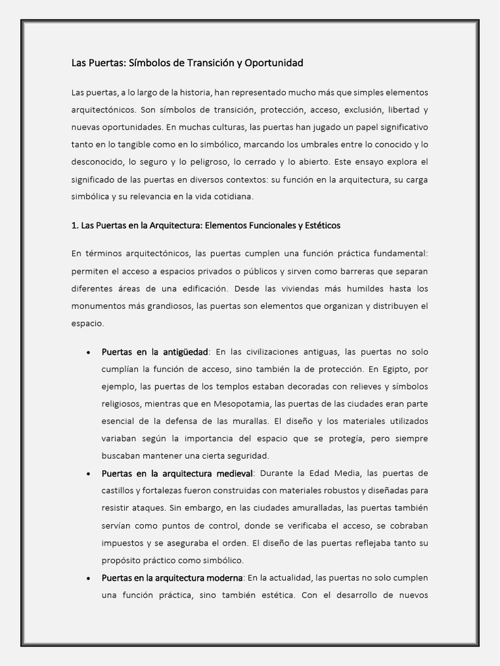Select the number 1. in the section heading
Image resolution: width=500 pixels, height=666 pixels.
tap(75, 226)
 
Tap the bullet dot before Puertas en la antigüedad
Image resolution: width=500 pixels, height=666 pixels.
tap(88, 353)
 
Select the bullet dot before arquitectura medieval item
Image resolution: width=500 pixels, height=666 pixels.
tap(88, 473)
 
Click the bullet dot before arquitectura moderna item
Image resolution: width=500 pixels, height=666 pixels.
tap(88, 578)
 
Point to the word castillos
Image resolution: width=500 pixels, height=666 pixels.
tap(120, 490)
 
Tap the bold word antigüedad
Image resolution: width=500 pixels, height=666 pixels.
tap(185, 352)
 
